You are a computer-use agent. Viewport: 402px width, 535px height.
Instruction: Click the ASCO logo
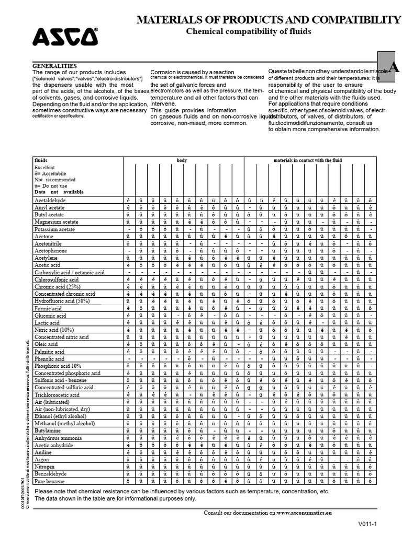(65, 37)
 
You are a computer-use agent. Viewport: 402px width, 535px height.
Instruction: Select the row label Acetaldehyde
(50, 200)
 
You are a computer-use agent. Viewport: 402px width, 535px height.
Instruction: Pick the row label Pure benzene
(50, 481)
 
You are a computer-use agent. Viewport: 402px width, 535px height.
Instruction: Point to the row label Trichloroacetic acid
(57, 395)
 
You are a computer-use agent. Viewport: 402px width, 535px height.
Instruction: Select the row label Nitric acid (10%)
(54, 330)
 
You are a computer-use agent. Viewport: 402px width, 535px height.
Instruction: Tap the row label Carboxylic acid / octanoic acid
(70, 273)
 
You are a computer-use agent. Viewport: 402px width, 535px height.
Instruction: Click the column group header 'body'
(182, 160)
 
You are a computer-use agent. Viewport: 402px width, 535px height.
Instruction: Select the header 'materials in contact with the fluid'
(307, 160)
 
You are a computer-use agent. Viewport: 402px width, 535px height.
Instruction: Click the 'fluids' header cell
(41, 160)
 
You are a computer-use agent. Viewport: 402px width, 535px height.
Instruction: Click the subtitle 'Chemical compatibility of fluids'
(249, 31)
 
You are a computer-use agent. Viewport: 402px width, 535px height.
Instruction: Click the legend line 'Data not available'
(59, 192)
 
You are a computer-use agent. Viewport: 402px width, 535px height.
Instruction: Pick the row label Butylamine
(48, 431)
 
